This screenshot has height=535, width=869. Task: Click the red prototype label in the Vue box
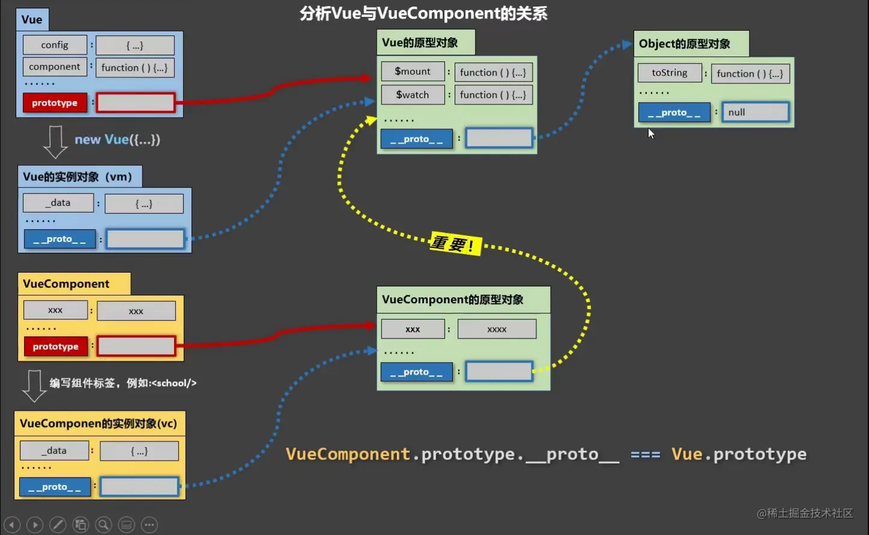(x=55, y=103)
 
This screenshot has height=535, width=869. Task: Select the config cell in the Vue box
(x=55, y=45)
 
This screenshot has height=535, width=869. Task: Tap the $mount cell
(x=413, y=71)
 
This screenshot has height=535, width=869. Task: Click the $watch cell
(x=413, y=95)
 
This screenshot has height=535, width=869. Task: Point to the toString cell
(x=670, y=73)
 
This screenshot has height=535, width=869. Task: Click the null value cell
(x=755, y=112)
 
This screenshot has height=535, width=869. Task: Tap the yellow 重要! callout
(x=455, y=244)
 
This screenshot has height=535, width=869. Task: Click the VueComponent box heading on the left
(x=67, y=284)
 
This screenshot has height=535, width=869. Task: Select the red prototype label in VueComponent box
(x=55, y=346)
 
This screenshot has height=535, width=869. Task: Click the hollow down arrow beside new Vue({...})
(x=55, y=142)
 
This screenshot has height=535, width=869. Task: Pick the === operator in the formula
(x=645, y=455)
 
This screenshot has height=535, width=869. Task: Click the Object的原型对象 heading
(x=685, y=44)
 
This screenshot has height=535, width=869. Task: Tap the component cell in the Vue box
(x=55, y=67)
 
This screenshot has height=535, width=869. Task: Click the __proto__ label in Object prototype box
(x=674, y=112)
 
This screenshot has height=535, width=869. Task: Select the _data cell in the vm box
(x=58, y=203)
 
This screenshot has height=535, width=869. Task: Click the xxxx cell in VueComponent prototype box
(x=497, y=329)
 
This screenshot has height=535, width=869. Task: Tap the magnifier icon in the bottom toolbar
(x=103, y=525)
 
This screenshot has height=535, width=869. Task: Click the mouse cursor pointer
(x=651, y=133)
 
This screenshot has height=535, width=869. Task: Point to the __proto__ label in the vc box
(x=55, y=487)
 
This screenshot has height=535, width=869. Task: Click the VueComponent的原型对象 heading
(x=453, y=300)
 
